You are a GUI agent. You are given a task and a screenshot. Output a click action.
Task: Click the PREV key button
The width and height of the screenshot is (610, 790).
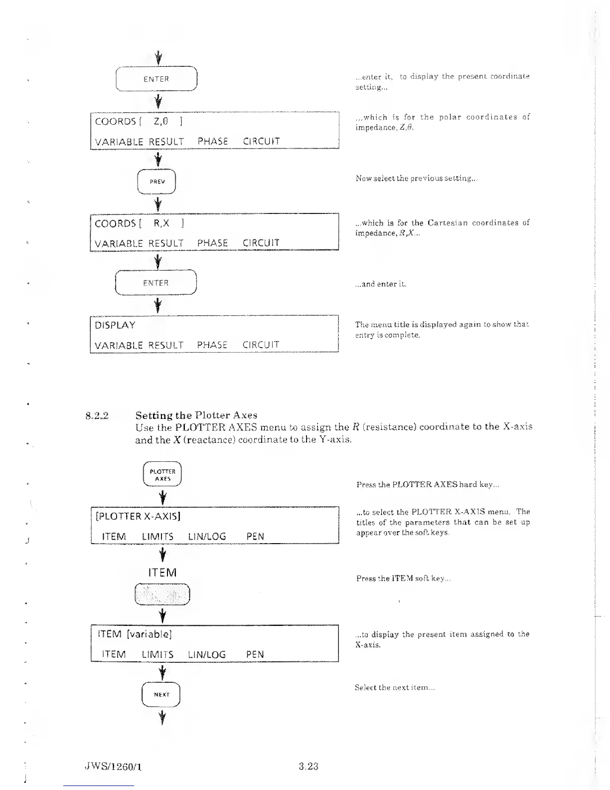pos(157,182)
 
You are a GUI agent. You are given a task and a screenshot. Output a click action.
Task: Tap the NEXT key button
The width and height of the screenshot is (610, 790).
pos(161,694)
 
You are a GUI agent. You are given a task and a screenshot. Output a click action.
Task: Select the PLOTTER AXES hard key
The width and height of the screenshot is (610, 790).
pos(162,475)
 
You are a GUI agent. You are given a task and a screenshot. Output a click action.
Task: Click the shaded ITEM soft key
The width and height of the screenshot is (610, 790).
pos(162,594)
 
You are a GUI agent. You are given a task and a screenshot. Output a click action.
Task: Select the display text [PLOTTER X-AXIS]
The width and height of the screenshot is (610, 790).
pos(138,516)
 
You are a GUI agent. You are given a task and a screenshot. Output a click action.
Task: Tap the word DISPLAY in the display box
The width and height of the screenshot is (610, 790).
pos(115,325)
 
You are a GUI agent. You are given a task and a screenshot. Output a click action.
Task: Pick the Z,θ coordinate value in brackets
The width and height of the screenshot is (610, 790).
pos(161,121)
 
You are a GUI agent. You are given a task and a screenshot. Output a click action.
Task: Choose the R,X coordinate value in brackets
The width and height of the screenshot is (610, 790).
pos(161,223)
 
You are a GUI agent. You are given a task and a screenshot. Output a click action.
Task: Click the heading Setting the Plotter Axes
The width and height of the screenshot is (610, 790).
pos(196,415)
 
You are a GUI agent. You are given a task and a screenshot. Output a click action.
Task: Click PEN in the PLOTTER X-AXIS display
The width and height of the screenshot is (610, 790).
pos(255,537)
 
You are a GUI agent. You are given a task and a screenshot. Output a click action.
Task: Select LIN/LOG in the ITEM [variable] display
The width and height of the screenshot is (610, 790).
pos(207,654)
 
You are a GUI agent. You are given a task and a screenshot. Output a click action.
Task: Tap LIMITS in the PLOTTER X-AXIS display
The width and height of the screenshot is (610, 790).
pos(157,537)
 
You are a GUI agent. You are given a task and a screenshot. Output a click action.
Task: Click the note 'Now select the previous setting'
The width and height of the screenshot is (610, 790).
pos(416,178)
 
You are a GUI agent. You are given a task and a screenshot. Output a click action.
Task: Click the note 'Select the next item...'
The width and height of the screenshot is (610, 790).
pos(395,687)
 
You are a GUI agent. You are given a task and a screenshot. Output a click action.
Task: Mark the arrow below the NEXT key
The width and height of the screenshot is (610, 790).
pos(161,718)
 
